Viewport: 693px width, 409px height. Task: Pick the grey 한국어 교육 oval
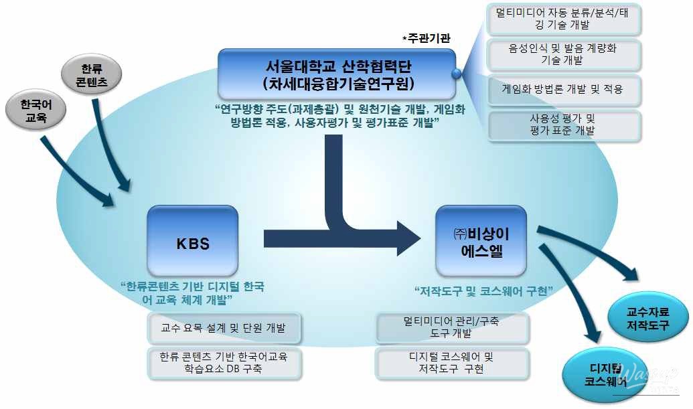[35, 111]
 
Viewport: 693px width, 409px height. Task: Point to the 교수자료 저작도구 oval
[647, 317]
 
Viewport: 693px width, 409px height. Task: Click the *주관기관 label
[426, 39]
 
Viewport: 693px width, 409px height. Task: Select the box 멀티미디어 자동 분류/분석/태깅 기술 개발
[563, 19]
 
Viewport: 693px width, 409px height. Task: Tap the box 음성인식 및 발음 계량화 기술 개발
[563, 54]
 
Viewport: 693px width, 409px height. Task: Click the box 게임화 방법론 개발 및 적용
[563, 89]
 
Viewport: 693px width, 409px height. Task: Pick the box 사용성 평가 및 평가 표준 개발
[563, 125]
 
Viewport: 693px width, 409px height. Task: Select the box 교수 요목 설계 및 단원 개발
[224, 328]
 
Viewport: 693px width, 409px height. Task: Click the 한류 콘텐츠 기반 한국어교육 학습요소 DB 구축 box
[224, 363]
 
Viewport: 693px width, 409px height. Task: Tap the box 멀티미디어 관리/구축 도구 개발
[452, 327]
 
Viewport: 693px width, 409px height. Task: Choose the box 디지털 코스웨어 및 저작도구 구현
[452, 362]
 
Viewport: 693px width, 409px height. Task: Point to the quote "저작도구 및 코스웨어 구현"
[483, 291]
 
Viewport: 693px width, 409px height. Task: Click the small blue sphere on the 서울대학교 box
[457, 74]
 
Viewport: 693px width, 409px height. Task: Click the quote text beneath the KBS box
[192, 293]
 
